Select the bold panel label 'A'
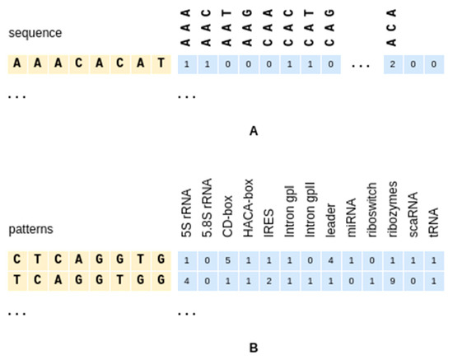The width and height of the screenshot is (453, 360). coord(254,130)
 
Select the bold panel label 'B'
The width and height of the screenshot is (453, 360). coord(254,347)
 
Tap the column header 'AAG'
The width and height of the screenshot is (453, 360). coord(249,26)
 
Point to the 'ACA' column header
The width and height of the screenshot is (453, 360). coord(394,26)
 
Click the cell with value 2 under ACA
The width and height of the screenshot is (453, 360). coord(394,63)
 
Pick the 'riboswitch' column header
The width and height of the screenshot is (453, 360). coord(373,211)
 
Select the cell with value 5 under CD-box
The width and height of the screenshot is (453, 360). coord(228,260)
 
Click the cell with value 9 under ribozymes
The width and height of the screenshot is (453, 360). coord(394,279)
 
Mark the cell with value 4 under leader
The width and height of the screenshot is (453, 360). coord(331,260)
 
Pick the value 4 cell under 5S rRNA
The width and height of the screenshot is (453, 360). coord(187,279)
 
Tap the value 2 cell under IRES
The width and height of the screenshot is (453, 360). coord(269,279)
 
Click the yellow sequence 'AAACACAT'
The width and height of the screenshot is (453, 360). coord(88,63)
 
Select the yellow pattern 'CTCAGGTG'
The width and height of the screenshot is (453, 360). coord(88,260)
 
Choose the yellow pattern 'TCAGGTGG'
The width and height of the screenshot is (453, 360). coord(88,279)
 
